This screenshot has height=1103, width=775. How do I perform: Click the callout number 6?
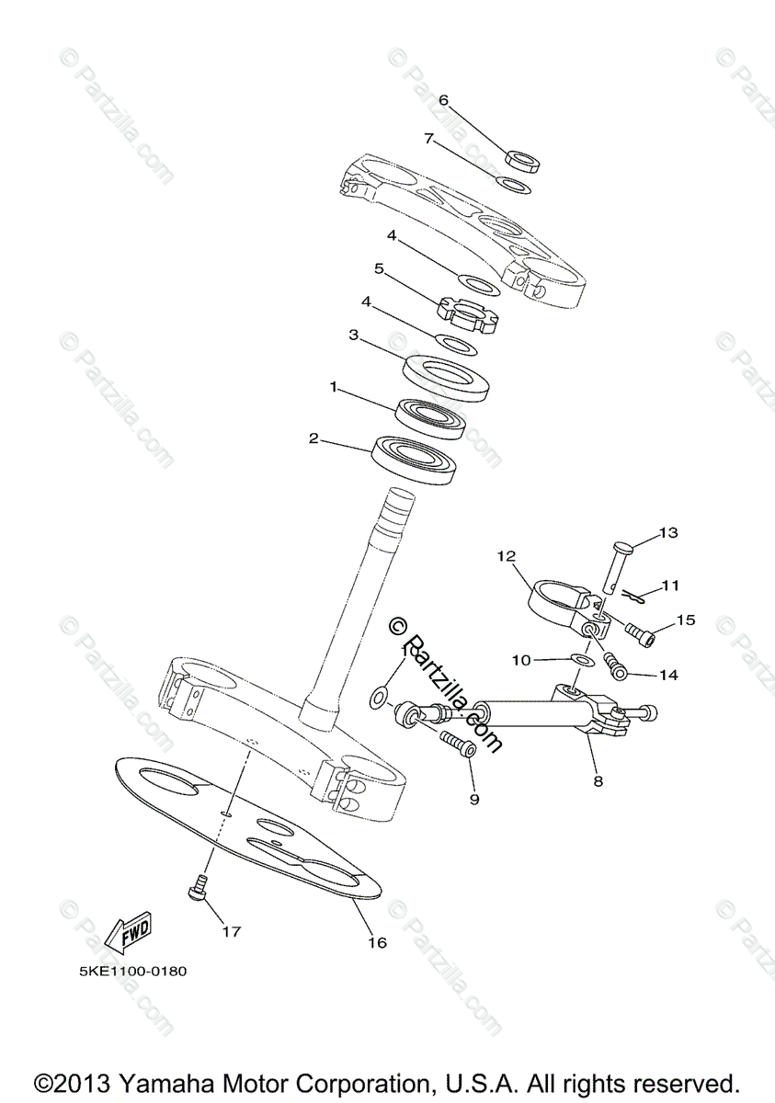point(442,99)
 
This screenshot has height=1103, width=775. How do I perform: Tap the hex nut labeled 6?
point(524,160)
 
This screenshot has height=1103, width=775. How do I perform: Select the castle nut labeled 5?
point(468,313)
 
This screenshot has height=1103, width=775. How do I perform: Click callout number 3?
point(353,336)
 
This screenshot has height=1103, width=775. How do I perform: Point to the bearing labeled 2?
point(415,461)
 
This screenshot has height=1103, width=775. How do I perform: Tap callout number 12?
point(507,555)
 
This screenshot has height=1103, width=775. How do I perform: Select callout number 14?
point(667,674)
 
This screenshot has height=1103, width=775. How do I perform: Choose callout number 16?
point(378,942)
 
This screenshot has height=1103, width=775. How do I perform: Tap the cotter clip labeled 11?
point(632,596)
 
